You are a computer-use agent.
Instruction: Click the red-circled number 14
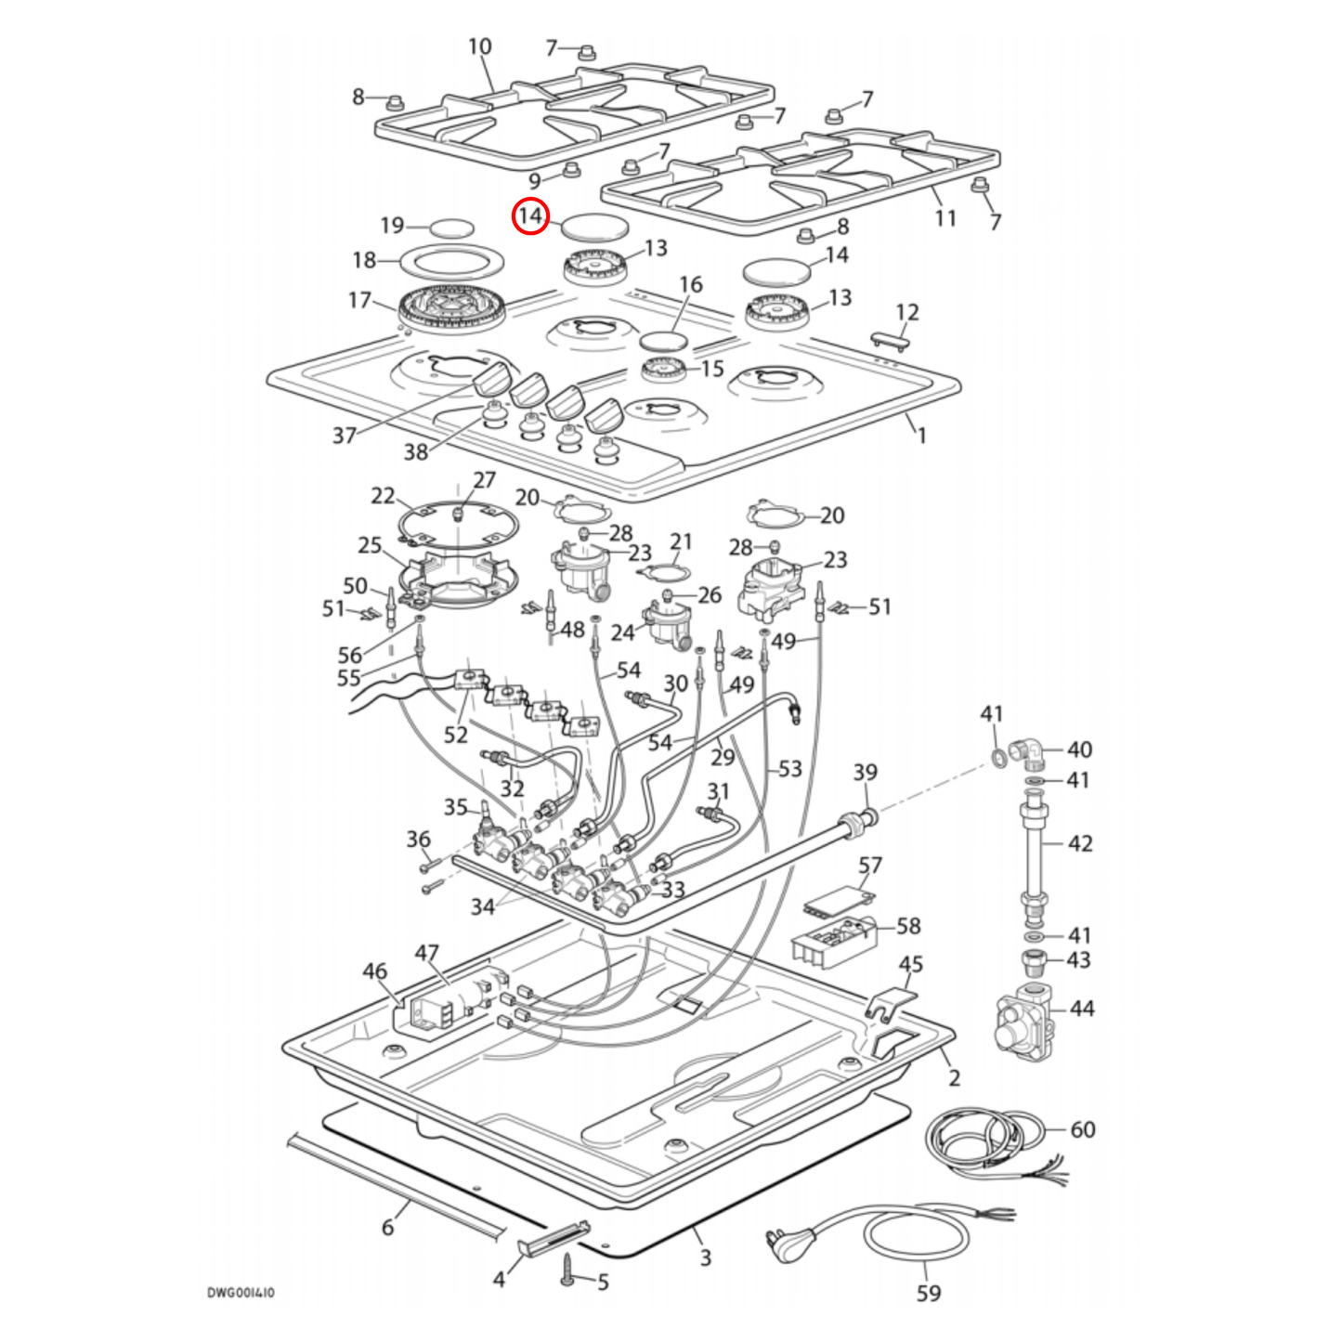[530, 216]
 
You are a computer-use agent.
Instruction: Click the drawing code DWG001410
[241, 1292]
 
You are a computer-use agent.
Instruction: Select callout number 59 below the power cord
[928, 1293]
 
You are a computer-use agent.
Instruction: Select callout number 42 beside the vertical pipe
[1079, 843]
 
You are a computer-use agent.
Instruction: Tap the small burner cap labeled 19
[451, 228]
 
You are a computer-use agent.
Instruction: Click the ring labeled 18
[451, 263]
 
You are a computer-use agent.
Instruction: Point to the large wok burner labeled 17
[452, 310]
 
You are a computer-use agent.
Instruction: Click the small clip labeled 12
[889, 341]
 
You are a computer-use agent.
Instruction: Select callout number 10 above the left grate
[479, 46]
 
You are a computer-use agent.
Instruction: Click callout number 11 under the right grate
[945, 218]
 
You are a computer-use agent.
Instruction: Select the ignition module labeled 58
[834, 940]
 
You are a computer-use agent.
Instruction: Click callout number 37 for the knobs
[344, 435]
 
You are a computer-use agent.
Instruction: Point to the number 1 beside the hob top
[921, 435]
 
